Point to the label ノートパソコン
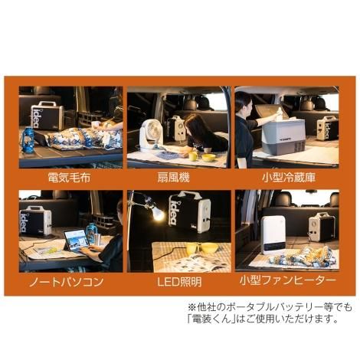tap(69, 281)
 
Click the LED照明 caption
tap(178, 281)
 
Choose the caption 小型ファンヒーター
tap(286, 281)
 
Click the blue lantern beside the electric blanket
tap(28, 139)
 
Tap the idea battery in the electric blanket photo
tap(46, 116)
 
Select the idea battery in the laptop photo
tap(36, 221)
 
